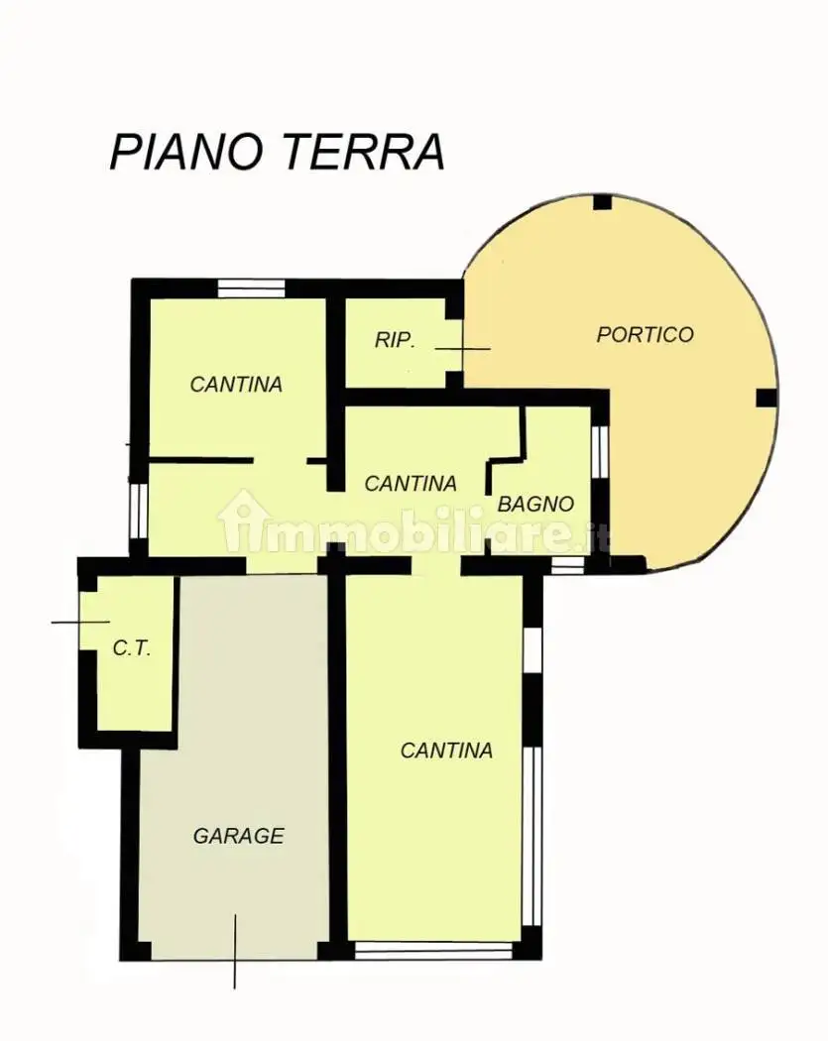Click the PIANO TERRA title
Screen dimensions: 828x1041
click(x=277, y=152)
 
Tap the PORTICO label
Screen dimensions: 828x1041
click(x=645, y=335)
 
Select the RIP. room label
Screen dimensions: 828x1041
click(x=395, y=341)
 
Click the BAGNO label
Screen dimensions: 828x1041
click(x=535, y=505)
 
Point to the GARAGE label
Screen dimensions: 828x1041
click(x=238, y=835)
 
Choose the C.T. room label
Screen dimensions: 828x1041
click(x=132, y=648)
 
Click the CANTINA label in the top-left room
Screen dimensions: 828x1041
click(x=236, y=385)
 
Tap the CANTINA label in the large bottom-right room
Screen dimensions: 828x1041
click(x=446, y=751)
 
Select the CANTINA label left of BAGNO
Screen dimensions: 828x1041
click(x=411, y=484)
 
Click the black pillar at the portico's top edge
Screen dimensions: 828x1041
click(x=602, y=202)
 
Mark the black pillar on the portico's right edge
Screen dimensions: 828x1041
click(x=767, y=399)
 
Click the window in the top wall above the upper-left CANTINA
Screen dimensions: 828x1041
click(x=252, y=289)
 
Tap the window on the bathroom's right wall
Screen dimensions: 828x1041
click(x=600, y=451)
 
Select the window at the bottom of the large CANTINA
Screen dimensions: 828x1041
click(x=434, y=951)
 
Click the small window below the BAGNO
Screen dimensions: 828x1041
click(x=568, y=565)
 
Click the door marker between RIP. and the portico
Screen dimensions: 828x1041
click(x=463, y=349)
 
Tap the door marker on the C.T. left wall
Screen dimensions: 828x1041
click(x=80, y=622)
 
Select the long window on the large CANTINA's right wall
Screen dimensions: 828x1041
click(x=532, y=837)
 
